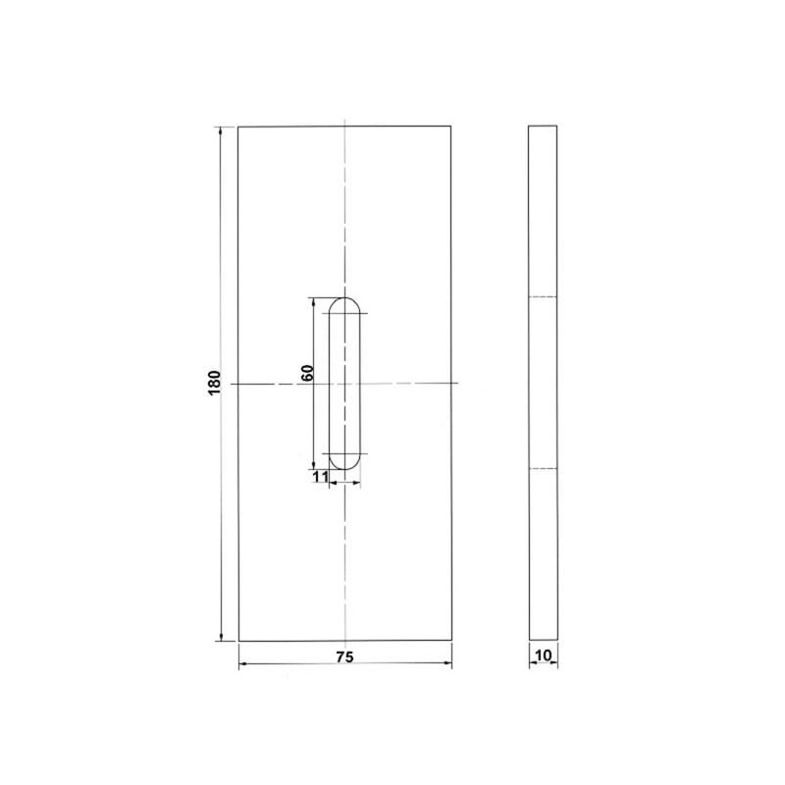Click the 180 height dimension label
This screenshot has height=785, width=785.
pyautogui.click(x=214, y=383)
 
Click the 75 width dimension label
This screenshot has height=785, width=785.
pyautogui.click(x=345, y=657)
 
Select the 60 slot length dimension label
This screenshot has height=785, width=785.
pyautogui.click(x=307, y=373)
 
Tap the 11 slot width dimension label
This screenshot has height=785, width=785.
pyautogui.click(x=320, y=476)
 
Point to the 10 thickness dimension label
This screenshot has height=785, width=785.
pyautogui.click(x=544, y=654)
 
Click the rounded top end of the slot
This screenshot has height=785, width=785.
pyautogui.click(x=344, y=298)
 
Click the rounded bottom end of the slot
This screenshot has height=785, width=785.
pyautogui.click(x=344, y=469)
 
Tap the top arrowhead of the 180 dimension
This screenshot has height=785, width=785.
pyautogui.click(x=220, y=131)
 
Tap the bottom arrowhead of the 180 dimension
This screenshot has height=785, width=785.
pyautogui.click(x=221, y=636)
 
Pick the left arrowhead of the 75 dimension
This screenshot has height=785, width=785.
pyautogui.click(x=244, y=664)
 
